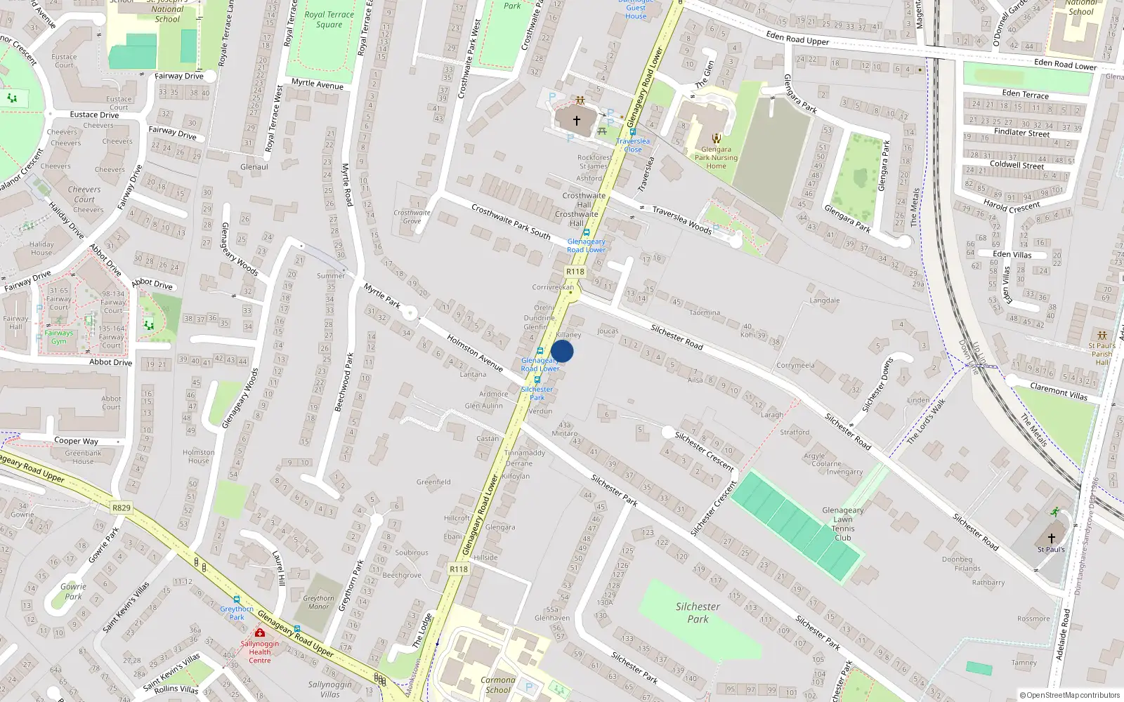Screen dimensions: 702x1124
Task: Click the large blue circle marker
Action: (562, 351)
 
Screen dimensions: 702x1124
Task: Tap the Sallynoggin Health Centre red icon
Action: (260, 633)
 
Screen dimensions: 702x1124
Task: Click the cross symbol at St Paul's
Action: (1051, 538)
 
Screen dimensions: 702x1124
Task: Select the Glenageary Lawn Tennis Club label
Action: (842, 524)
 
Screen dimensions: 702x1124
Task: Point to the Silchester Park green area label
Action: (698, 612)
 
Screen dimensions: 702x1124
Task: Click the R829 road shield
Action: (122, 508)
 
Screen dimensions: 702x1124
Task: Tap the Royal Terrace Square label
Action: (329, 19)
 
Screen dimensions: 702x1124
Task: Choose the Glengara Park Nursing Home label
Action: (716, 157)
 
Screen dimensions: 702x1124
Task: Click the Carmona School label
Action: (497, 684)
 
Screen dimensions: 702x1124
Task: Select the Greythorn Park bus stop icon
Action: (237, 600)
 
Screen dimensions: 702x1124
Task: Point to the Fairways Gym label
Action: (59, 337)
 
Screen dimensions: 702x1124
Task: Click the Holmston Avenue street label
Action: (475, 352)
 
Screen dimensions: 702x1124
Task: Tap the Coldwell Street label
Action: (1017, 165)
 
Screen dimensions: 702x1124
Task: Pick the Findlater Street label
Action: (1021, 132)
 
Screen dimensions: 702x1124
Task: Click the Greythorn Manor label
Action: (319, 602)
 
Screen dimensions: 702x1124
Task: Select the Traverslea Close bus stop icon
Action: (633, 132)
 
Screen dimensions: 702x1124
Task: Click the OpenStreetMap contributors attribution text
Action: (1070, 695)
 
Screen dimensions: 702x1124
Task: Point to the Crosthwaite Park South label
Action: (511, 221)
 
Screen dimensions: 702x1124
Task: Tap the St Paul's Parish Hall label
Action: (1102, 353)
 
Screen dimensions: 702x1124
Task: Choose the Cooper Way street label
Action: (76, 441)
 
